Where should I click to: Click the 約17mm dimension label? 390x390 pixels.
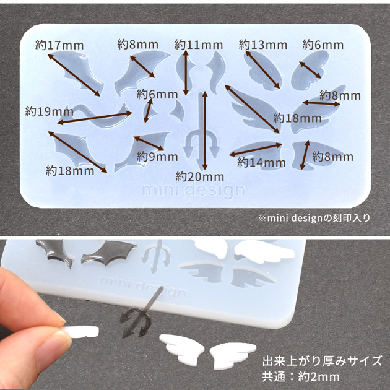tap(59, 45)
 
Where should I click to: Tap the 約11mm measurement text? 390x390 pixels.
tap(199, 45)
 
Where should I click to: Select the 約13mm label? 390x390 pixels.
tap(263, 45)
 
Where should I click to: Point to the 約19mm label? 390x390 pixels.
tap(50, 111)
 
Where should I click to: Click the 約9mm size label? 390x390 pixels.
tap(157, 157)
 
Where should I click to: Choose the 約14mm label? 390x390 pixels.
tap(261, 162)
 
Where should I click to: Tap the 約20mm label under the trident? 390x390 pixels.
tap(200, 176)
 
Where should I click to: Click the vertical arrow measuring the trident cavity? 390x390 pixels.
tap(205, 131)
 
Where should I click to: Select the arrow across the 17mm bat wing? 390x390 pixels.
tap(74, 75)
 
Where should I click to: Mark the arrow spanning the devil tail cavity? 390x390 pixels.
tap(95, 118)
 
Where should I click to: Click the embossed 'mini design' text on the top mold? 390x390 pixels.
tap(193, 191)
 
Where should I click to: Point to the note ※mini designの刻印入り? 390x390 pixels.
tap(314, 218)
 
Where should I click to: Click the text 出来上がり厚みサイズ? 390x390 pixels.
tap(322, 361)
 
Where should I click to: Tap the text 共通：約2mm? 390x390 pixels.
tap(301, 377)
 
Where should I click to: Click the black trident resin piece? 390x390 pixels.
tap(139, 314)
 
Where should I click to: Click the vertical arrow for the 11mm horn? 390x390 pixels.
tap(186, 72)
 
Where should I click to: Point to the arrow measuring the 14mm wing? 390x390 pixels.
tap(256, 150)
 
